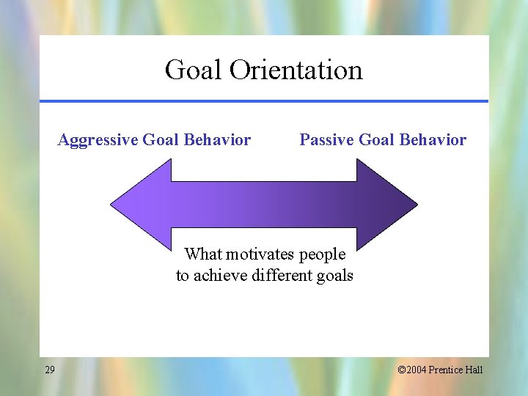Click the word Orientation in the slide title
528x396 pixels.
296,70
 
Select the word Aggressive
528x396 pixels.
98,140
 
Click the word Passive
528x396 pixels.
326,140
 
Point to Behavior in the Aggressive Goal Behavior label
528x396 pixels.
216,140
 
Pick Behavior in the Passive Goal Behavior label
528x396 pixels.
432,140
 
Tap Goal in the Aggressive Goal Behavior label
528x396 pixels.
161,140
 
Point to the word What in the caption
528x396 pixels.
203,254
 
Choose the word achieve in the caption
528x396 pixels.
221,276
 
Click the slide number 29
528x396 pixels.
49,370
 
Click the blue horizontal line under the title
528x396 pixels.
264,101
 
